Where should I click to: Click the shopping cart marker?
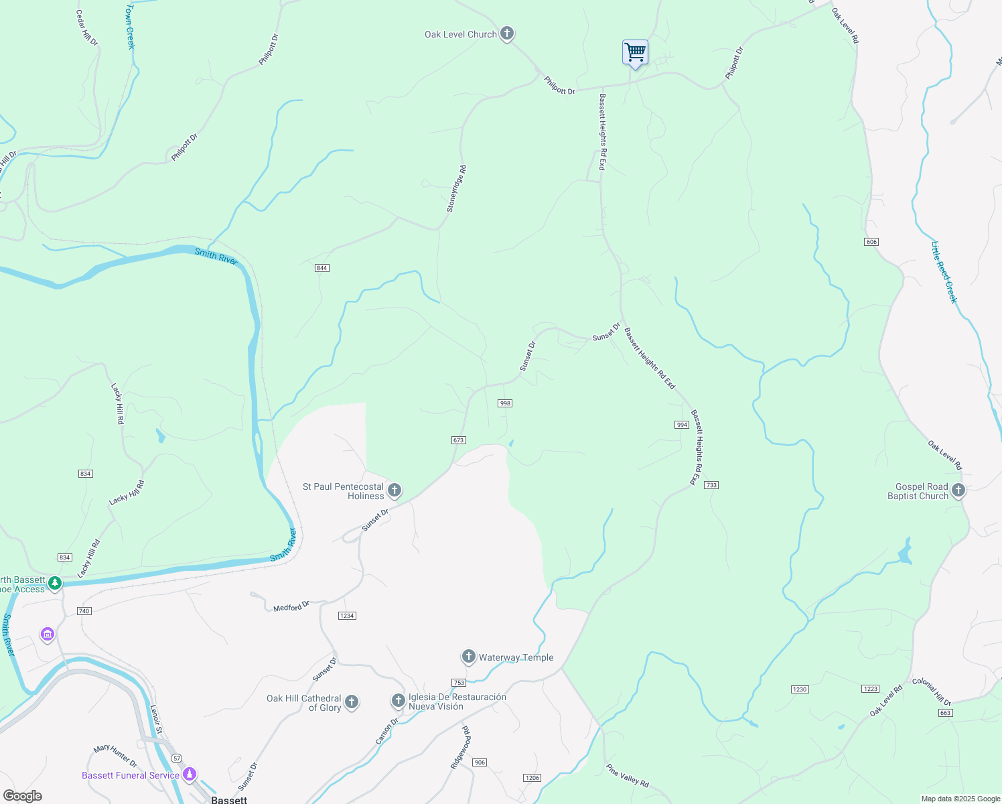(x=635, y=52)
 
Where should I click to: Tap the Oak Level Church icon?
(x=507, y=33)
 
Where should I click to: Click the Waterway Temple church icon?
(x=469, y=657)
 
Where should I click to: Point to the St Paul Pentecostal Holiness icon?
(x=395, y=490)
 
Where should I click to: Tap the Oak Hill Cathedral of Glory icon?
(x=352, y=701)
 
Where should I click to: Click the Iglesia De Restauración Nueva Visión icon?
(x=398, y=701)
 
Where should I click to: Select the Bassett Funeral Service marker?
(x=190, y=775)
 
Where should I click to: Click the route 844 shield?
(x=321, y=268)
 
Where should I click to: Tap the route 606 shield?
(x=871, y=242)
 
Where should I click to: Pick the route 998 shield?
(x=505, y=403)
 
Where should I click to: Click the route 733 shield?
(x=711, y=485)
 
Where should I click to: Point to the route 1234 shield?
(x=346, y=616)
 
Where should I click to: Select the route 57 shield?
(x=176, y=758)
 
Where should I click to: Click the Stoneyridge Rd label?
(x=456, y=189)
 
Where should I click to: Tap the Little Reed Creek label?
(x=944, y=272)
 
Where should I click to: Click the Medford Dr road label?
(x=291, y=607)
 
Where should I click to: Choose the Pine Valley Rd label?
(x=627, y=775)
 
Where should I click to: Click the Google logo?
(x=22, y=796)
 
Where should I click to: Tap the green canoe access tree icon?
(x=55, y=583)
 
